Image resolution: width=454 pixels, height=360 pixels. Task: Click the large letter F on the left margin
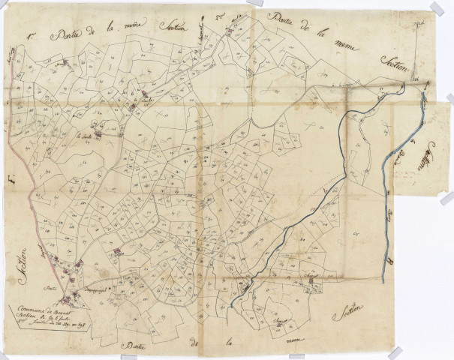(x=11, y=180)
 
